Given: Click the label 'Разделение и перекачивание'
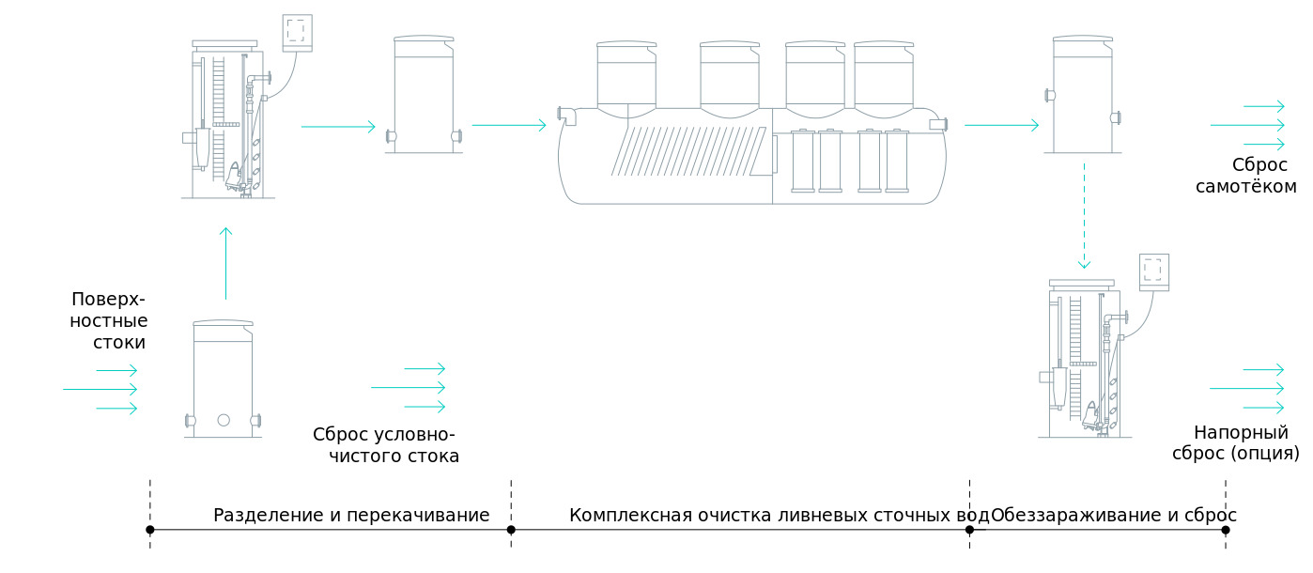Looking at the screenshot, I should (351, 516).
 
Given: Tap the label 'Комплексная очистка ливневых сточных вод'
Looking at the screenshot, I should (779, 516).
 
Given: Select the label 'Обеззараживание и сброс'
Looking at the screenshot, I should (1113, 516).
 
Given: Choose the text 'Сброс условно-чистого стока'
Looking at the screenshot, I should (385, 446).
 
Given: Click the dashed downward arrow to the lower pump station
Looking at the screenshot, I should (1084, 216).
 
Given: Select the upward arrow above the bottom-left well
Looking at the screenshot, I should (225, 263).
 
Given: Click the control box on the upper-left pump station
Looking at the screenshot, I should (298, 33).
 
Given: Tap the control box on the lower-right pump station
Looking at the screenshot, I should (1154, 271).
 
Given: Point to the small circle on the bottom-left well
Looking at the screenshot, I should (224, 420).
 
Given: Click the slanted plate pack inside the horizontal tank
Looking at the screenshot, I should (690, 150).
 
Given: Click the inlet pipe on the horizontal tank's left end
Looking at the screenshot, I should (567, 115).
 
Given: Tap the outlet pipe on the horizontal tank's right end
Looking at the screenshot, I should (938, 124).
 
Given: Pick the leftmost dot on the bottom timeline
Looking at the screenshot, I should (150, 530).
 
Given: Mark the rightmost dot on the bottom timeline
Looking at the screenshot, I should (1226, 530).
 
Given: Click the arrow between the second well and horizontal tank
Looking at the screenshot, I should (509, 125).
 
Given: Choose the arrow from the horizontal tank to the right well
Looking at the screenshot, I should (1001, 125).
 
